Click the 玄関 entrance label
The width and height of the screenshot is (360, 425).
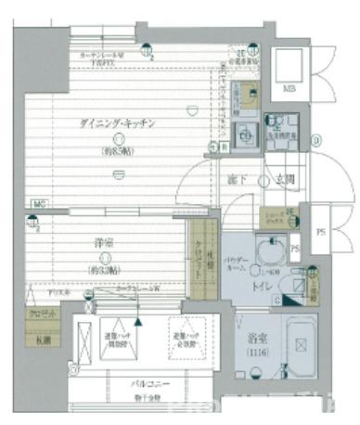click(283, 179)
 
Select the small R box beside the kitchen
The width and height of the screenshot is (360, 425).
click(225, 147)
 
